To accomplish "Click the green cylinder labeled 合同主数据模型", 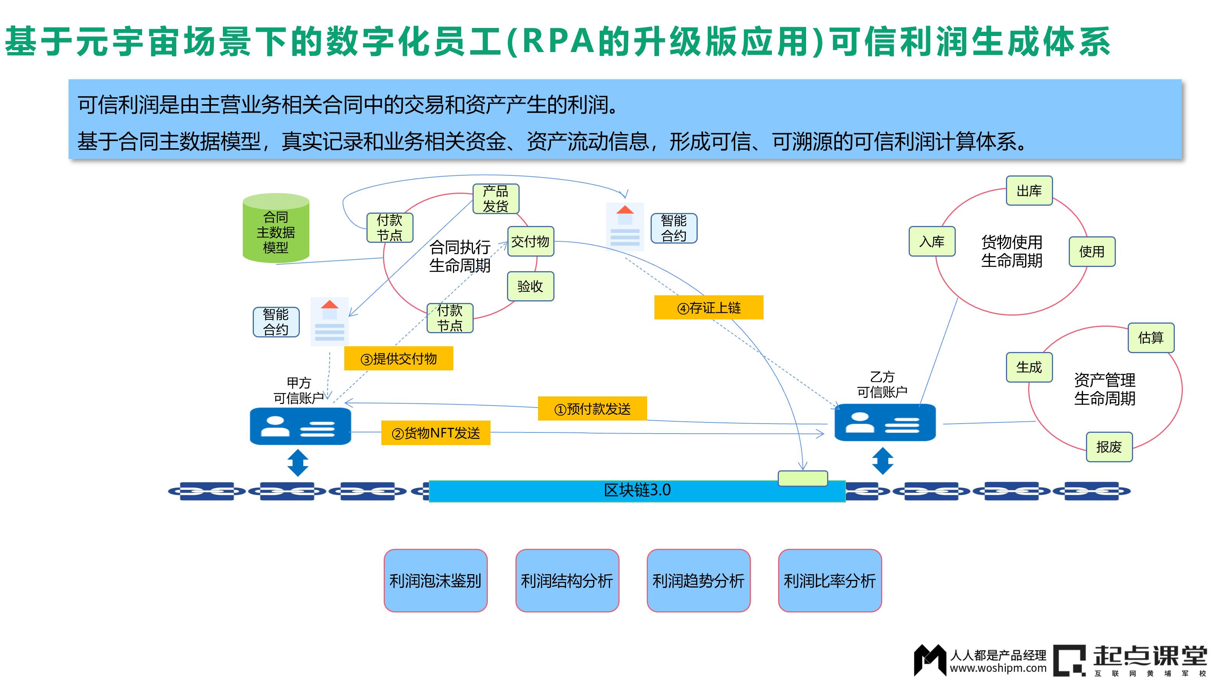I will click(276, 228).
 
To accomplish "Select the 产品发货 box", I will click(496, 199).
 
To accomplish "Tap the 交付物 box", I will click(530, 242).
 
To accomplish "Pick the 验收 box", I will click(530, 286).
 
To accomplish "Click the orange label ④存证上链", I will click(708, 308).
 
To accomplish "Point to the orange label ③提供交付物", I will click(398, 359).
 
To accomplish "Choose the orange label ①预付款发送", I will click(592, 408).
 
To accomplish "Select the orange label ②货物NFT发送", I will click(435, 433).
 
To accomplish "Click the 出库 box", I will click(1029, 191).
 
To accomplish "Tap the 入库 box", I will click(932, 242).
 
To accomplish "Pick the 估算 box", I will click(1150, 338).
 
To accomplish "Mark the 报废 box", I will click(1109, 447).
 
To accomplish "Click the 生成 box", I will click(1029, 367).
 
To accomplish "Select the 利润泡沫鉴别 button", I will click(435, 580).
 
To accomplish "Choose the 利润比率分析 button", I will click(830, 580).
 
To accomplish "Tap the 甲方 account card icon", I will click(300, 426).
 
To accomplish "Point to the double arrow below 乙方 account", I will click(882, 461).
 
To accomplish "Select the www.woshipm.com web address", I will click(998, 668).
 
